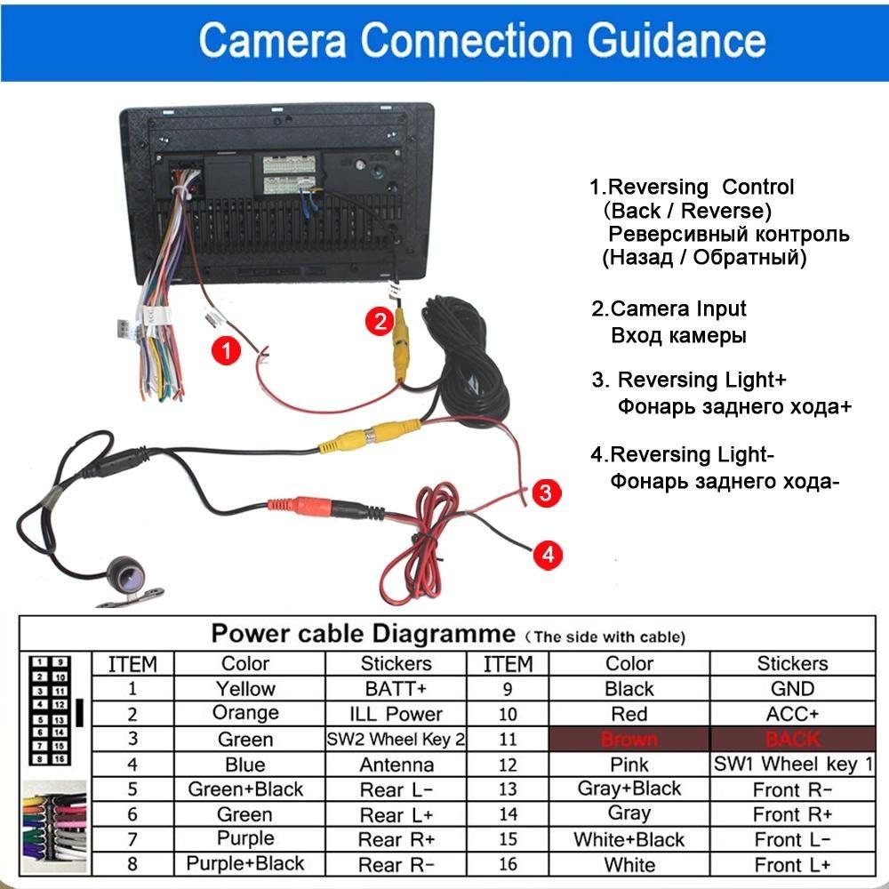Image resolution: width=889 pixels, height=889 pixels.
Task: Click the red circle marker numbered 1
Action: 226,351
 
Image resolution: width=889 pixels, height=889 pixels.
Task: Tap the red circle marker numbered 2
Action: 380,321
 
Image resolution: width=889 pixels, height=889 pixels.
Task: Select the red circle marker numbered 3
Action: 547,492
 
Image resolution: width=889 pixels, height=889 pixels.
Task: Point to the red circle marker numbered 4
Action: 548,555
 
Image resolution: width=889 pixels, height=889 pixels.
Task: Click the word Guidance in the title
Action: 668,40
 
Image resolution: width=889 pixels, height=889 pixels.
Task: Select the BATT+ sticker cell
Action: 395,688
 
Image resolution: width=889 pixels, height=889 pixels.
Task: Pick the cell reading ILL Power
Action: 395,714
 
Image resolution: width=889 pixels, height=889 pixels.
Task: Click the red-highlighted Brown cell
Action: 629,739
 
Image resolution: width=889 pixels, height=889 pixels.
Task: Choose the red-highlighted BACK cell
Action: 792,739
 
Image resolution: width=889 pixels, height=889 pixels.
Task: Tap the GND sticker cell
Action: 792,688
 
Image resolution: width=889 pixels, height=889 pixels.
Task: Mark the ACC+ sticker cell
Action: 792,714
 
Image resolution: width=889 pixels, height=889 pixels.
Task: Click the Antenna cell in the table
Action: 395,765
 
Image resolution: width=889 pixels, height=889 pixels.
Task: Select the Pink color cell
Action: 629,765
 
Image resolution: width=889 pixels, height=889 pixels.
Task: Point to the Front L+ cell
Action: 792,864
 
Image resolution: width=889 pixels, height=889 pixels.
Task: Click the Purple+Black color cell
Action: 245,863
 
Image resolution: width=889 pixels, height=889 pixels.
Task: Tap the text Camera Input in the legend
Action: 678,309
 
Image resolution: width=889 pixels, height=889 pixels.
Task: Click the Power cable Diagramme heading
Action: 363,635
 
